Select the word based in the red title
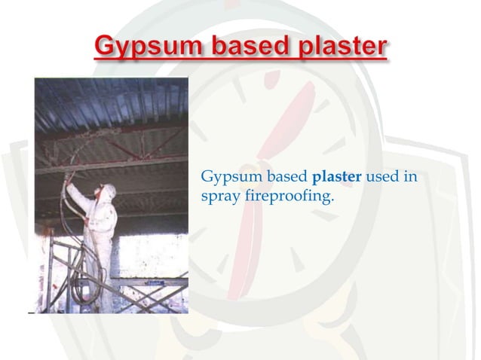tap(240, 47)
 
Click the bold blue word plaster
tap(337, 178)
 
